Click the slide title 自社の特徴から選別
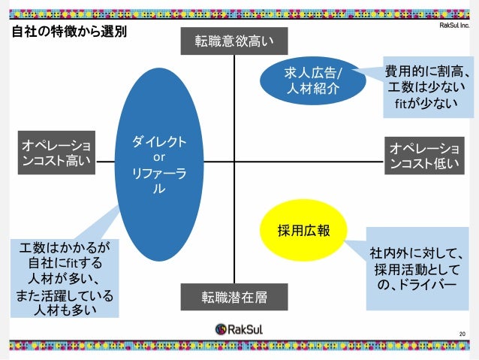click(68, 32)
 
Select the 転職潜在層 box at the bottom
click(233, 297)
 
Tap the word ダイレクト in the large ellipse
click(159, 142)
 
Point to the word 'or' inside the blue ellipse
click(158, 158)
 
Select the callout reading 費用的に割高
click(427, 71)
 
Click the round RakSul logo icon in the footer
click(221, 329)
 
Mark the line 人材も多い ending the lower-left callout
click(65, 308)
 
